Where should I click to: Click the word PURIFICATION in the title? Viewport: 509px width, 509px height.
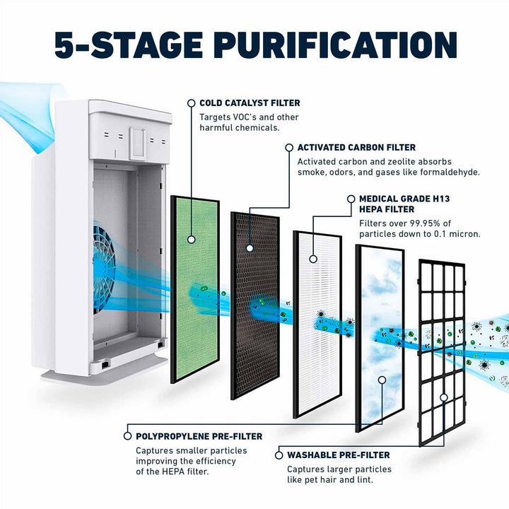pyautogui.click(x=335, y=45)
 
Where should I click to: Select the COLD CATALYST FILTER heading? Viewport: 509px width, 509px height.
pyautogui.click(x=249, y=103)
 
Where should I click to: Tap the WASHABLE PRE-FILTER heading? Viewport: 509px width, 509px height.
pyautogui.click(x=337, y=455)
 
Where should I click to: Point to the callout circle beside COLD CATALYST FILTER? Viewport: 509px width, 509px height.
pyautogui.click(x=191, y=103)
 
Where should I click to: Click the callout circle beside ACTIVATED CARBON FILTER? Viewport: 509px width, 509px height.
pyautogui.click(x=288, y=147)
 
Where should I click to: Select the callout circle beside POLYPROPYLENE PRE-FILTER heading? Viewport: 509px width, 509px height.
pyautogui.click(x=127, y=436)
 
